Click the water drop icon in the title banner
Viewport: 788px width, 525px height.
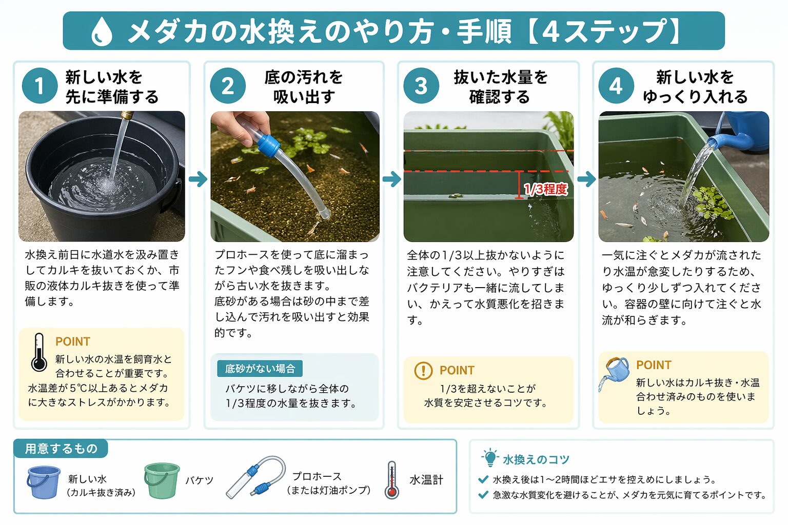pos(102,32)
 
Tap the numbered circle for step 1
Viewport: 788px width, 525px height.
pos(39,86)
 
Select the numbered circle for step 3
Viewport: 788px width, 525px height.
pos(421,86)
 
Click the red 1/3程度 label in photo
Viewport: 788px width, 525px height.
pos(546,189)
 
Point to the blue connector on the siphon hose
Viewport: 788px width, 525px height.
pos(268,145)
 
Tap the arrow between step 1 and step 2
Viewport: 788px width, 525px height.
pos(198,179)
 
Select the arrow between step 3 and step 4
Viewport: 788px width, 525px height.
pos(586,179)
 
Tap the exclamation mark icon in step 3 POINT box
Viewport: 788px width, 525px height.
pos(423,370)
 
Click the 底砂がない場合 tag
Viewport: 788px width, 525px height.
pos(260,369)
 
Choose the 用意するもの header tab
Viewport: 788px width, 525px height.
pos(61,449)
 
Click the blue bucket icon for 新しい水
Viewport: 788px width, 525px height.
pos(44,482)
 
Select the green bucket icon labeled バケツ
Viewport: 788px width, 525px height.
pos(162,480)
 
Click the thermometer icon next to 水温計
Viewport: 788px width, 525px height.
pos(392,480)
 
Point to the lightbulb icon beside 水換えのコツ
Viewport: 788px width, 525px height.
pos(490,457)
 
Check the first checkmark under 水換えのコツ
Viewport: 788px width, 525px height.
pos(483,479)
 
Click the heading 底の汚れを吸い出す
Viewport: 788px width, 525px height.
pos(304,87)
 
